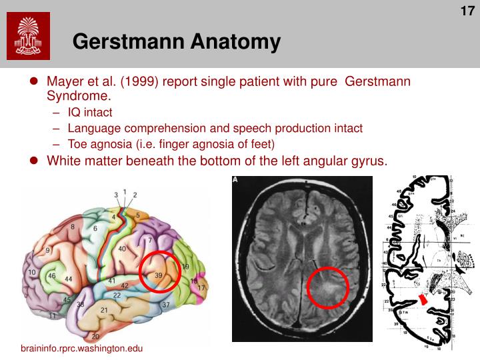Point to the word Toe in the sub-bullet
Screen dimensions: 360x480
tap(77, 143)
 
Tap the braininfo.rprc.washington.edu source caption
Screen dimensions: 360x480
tap(81, 349)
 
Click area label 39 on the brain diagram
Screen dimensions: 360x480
tap(159, 275)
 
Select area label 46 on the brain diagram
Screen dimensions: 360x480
tap(51, 275)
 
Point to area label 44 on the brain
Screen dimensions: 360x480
tap(68, 279)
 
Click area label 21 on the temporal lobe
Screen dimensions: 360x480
tap(104, 310)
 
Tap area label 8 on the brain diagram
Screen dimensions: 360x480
tap(73, 227)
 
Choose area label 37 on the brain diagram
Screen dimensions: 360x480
tap(166, 305)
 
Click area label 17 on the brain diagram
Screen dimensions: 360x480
tap(201, 287)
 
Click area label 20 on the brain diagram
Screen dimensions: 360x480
tap(95, 336)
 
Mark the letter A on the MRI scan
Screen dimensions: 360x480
tap(235, 180)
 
